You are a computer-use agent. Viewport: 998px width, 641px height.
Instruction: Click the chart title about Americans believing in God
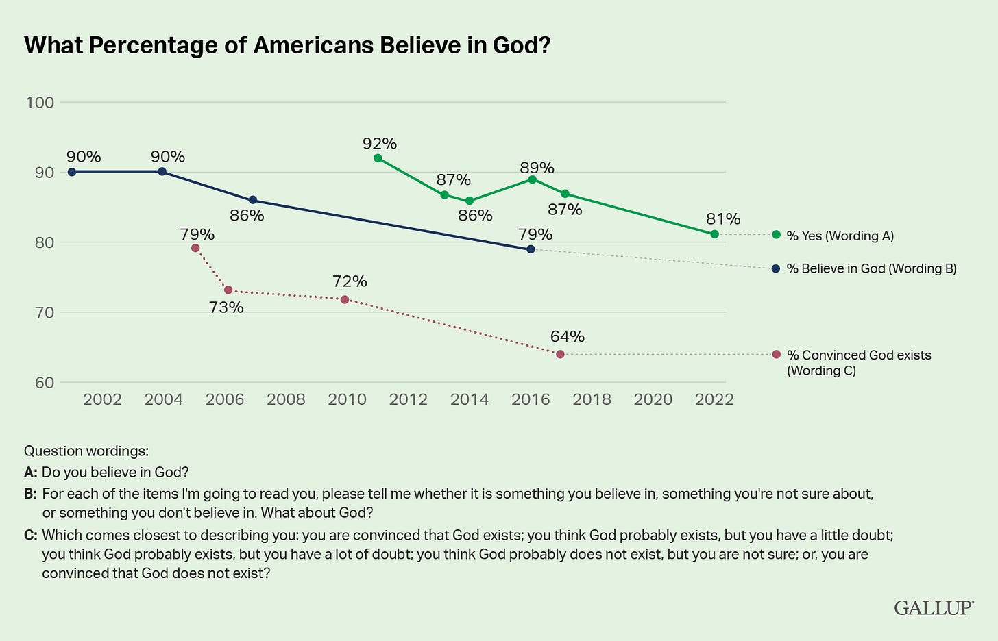tap(287, 45)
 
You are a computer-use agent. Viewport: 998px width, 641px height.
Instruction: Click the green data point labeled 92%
tap(378, 158)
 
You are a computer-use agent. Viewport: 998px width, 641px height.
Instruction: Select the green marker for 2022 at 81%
tap(714, 234)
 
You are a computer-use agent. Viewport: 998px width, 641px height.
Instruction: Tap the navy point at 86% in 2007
tap(252, 200)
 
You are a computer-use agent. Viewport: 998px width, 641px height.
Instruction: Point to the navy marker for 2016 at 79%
tap(531, 249)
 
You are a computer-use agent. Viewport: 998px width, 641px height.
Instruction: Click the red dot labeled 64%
tap(560, 354)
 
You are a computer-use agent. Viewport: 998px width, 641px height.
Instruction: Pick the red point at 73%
tap(228, 290)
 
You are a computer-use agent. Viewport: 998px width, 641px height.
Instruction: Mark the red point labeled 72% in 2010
tap(345, 299)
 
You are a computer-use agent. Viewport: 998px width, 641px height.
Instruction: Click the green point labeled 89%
tap(532, 179)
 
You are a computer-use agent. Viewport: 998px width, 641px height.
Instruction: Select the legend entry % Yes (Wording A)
tap(840, 236)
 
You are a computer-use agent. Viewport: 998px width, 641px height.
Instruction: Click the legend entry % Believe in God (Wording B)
tap(871, 268)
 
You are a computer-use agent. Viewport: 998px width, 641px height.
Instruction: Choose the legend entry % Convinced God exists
tap(858, 355)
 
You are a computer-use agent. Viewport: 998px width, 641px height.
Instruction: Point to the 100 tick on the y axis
tap(40, 103)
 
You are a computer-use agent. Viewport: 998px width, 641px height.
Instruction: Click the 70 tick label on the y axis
tap(40, 313)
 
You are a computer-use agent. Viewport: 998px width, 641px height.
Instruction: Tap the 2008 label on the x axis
tap(286, 399)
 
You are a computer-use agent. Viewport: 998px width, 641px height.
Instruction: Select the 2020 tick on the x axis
tap(653, 399)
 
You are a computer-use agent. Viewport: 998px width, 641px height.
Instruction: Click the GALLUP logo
tap(934, 607)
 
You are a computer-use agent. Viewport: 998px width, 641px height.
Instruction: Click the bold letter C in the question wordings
tap(29, 536)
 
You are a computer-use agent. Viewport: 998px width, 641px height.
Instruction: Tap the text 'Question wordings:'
tap(86, 451)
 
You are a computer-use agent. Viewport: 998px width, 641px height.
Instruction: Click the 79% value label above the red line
tap(197, 234)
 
